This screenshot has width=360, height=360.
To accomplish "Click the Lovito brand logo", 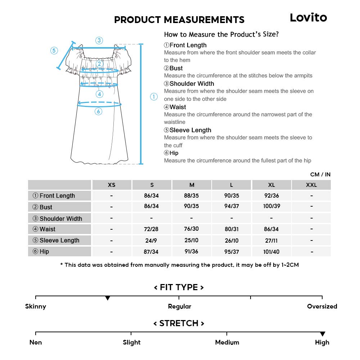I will (x=308, y=18).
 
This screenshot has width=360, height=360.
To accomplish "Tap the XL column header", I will (x=271, y=185).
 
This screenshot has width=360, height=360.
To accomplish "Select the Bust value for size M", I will (x=192, y=206).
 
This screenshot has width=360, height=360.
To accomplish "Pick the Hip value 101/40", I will (x=271, y=252).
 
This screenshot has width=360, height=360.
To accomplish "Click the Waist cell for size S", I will (x=152, y=229).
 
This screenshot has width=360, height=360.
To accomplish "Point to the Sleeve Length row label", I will (x=59, y=240).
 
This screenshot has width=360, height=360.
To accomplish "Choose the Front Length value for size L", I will (x=231, y=195).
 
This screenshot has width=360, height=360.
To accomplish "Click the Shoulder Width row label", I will (x=60, y=219).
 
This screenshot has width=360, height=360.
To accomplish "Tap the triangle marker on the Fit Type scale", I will (x=107, y=298).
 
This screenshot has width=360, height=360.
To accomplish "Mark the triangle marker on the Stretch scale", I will (x=323, y=334).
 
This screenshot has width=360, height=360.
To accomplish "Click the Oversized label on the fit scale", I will (x=322, y=306).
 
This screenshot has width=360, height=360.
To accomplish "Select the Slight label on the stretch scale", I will (x=132, y=342).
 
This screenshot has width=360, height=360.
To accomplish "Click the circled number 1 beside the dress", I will (x=154, y=96).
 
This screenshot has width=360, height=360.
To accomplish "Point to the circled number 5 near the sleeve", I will (x=54, y=50).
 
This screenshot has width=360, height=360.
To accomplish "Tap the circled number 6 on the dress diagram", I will (x=99, y=112).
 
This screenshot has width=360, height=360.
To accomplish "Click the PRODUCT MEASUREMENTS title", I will (x=179, y=20).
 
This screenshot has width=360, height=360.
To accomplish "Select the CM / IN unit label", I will (x=320, y=175).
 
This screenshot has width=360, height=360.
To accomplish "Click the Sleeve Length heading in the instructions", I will (x=190, y=130).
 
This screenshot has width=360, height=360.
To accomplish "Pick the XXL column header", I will (x=311, y=185).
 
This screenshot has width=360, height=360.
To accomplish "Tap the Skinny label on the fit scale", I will (x=36, y=306).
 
